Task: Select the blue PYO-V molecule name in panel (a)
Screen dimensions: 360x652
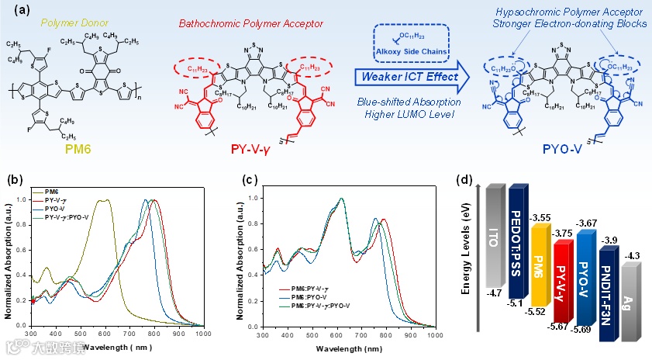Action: point(564,154)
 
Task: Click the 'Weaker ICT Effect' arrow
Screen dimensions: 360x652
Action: point(404,78)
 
